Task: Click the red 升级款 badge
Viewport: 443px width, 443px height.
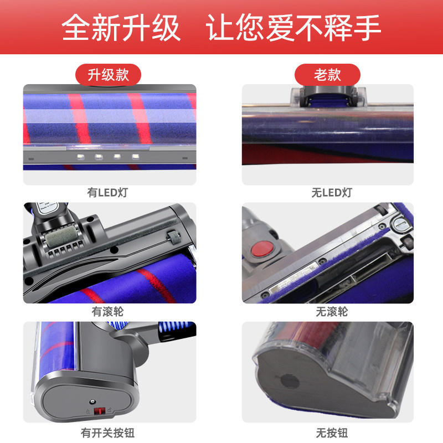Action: tap(108, 75)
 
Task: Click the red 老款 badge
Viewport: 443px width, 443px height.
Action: tap(327, 75)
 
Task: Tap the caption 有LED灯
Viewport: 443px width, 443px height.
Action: tap(107, 193)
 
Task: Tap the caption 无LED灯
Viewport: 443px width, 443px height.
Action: tap(332, 193)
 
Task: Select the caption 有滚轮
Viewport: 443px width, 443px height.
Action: tap(107, 312)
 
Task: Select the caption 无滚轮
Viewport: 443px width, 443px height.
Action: tap(332, 312)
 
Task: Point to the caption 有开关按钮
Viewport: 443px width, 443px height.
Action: tap(107, 432)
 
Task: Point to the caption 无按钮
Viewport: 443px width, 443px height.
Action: tap(332, 432)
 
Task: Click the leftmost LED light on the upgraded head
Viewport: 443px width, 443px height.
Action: tap(81, 156)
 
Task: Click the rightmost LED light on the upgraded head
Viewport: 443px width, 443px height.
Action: tap(136, 156)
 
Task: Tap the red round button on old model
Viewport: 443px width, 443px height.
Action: tap(262, 249)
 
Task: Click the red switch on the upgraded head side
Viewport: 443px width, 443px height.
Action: tap(100, 410)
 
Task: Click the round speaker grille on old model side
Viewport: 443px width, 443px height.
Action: tap(290, 381)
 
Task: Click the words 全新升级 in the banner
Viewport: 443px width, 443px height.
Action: tap(121, 28)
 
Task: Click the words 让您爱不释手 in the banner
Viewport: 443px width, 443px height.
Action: tap(293, 28)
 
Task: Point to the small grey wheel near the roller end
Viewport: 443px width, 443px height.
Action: tap(173, 236)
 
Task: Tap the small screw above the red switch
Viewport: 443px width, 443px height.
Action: tap(92, 401)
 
